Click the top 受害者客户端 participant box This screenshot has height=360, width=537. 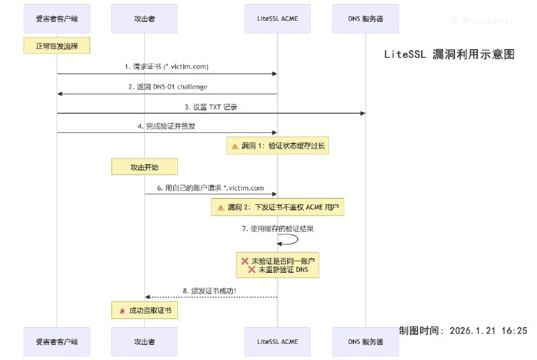tap(57, 19)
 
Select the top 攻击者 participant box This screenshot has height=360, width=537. tap(144, 19)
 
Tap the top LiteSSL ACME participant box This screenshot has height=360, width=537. tap(277, 19)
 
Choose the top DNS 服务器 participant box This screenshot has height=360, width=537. tap(365, 19)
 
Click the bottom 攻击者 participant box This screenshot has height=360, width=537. tap(144, 341)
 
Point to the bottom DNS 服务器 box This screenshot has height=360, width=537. tap(365, 341)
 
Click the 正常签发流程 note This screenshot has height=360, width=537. tap(57, 46)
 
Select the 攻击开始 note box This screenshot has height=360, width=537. tap(144, 167)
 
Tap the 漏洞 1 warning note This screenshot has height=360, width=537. tap(277, 146)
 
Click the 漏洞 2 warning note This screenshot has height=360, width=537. tap(277, 208)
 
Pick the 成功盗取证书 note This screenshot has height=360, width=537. tap(144, 311)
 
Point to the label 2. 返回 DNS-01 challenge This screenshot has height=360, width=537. tap(167, 87)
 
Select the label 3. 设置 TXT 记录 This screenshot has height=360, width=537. tap(211, 107)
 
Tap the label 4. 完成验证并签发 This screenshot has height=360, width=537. tap(166, 126)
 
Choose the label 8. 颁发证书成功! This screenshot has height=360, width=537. tap(210, 290)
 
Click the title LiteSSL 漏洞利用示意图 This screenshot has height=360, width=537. tap(449, 55)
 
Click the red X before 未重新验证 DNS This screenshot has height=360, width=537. tap(252, 269)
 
